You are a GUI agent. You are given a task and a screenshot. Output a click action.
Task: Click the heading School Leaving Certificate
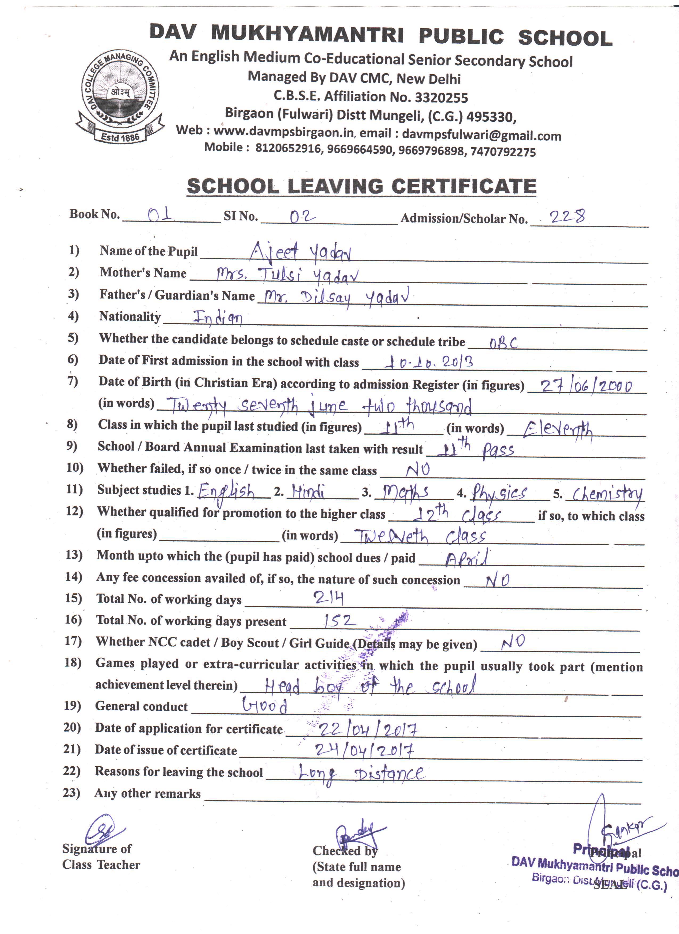pyautogui.click(x=362, y=186)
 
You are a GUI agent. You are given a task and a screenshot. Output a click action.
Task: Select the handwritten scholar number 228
pyautogui.click(x=567, y=216)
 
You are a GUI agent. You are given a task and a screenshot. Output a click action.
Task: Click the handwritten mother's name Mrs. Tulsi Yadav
pyautogui.click(x=287, y=275)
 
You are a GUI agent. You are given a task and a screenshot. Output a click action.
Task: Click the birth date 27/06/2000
pyautogui.click(x=587, y=386)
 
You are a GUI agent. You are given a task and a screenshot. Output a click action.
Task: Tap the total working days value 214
pyautogui.click(x=328, y=598)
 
